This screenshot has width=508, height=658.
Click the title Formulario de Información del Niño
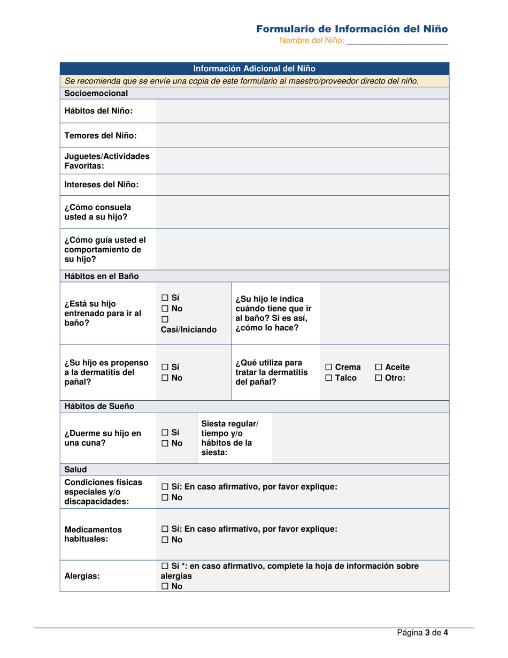(x=351, y=28)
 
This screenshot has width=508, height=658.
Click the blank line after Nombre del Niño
(x=397, y=41)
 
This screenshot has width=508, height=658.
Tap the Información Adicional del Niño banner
(x=254, y=68)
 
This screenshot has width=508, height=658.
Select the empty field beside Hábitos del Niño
(x=302, y=111)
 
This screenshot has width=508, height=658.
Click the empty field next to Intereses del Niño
(x=302, y=185)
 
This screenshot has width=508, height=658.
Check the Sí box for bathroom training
(x=165, y=297)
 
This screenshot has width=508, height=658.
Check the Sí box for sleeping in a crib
(x=165, y=432)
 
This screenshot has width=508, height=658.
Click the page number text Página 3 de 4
(x=422, y=632)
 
